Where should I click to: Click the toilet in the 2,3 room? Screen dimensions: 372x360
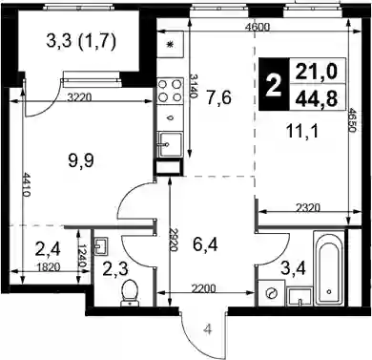[130, 293]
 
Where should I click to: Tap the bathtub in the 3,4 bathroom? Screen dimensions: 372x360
[329, 268]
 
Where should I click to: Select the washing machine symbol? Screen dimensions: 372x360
[271, 293]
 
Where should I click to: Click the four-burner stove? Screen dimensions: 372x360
[170, 91]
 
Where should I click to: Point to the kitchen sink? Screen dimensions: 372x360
[170, 144]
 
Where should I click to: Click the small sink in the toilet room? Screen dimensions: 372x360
[101, 246]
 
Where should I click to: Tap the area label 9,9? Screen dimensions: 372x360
[81, 160]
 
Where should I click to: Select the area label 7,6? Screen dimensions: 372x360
[218, 97]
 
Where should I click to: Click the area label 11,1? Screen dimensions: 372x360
[301, 131]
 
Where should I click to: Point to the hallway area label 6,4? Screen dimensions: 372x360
[205, 245]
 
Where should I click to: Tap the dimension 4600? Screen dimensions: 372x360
[258, 27]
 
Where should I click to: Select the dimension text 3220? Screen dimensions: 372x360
[79, 97]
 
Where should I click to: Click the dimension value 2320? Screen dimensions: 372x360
[308, 208]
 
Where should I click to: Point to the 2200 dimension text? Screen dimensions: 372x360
[203, 288]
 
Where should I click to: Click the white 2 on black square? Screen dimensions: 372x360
[273, 84]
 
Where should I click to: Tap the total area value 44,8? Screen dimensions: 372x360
[316, 98]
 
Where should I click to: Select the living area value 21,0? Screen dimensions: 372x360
[316, 72]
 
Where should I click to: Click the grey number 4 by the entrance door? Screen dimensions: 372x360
[208, 330]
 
